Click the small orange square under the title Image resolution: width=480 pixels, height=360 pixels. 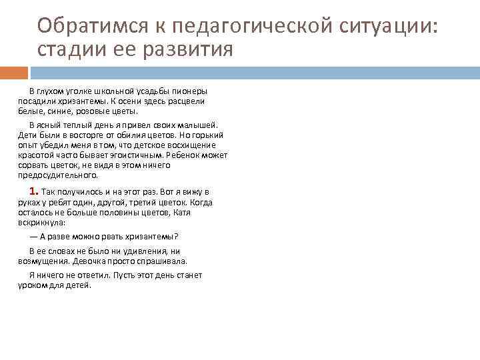[14, 73]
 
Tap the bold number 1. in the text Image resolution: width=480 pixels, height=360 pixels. [33, 191]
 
